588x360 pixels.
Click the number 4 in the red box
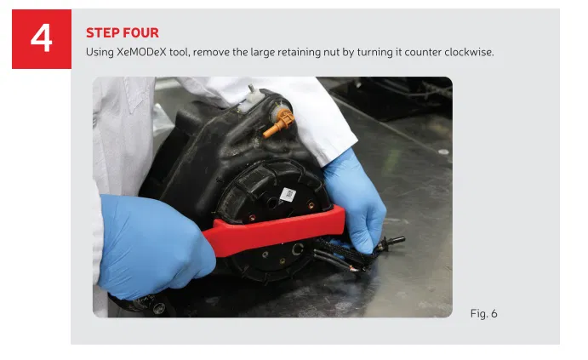pos(41,39)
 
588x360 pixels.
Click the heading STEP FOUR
pos(122,33)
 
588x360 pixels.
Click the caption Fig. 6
pos(482,314)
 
